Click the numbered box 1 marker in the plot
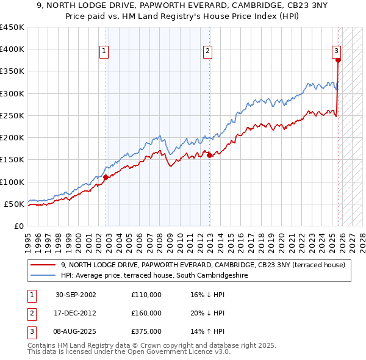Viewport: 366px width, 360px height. point(106,51)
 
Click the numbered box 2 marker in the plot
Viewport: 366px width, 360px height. point(208,51)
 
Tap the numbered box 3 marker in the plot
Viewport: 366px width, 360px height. point(337,51)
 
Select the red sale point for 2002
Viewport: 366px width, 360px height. point(106,178)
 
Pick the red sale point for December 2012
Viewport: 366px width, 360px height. point(209,155)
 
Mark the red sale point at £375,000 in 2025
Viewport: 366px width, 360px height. point(338,60)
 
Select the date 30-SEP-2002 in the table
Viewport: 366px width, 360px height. point(75,295)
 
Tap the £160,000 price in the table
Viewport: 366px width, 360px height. point(146,313)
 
